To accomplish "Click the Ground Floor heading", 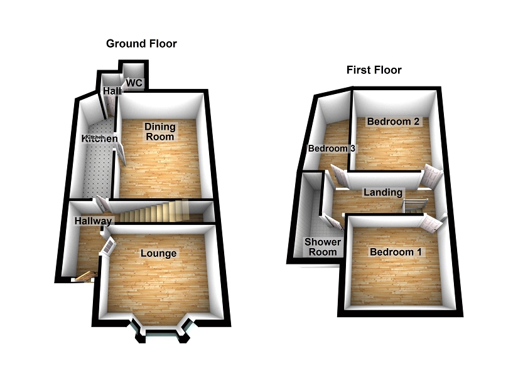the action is pos(141,44).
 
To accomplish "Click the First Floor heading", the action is pos(374,70).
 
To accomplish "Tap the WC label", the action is pos(134,83).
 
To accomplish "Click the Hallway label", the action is pos(93,221).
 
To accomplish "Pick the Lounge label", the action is pos(158,254).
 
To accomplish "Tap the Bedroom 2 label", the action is pos(394,122).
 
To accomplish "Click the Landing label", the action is pos(382,192).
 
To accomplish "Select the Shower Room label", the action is pos(323,247).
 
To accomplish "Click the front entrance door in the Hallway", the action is pos(84,276).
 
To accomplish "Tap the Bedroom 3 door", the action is pos(339,177).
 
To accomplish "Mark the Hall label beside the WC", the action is pos(112,91).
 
